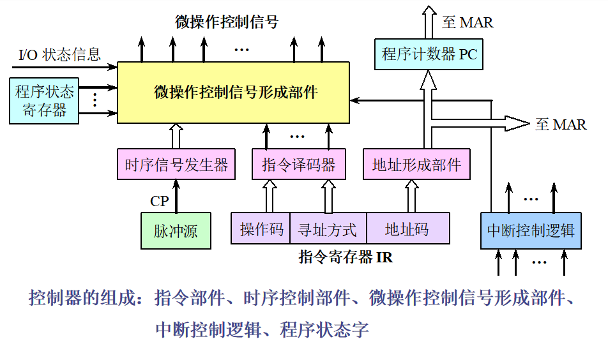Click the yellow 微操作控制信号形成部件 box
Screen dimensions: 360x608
(x=234, y=93)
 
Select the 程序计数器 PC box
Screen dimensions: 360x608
(x=429, y=54)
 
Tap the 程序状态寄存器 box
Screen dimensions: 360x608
(x=44, y=100)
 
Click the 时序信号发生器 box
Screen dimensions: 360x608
(x=176, y=165)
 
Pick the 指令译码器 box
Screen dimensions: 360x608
(x=298, y=165)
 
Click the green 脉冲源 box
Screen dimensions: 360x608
(x=176, y=230)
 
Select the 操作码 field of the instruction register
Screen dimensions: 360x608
(x=261, y=229)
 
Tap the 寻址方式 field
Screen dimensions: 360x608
(x=328, y=229)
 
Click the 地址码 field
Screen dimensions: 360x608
(x=407, y=229)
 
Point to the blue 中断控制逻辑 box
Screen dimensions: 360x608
(x=531, y=230)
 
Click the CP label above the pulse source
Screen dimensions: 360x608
(x=159, y=201)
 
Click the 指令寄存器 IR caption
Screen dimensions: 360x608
(x=346, y=258)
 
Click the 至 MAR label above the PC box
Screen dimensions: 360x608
(x=467, y=22)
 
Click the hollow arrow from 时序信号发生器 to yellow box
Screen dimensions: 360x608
(x=176, y=137)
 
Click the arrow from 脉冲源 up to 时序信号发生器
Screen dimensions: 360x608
(x=176, y=196)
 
